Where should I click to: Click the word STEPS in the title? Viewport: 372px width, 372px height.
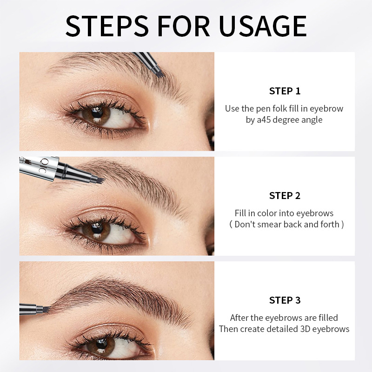coord(107,26)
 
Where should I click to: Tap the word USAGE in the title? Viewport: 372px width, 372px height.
coord(263,26)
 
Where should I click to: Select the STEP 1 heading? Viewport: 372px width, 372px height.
coord(285,91)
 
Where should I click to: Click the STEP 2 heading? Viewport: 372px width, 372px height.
coord(285,196)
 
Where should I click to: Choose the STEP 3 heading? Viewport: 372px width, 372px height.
coord(285,300)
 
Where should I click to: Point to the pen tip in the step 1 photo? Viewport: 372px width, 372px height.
coord(160,74)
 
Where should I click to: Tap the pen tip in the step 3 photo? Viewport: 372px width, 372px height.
coord(46,309)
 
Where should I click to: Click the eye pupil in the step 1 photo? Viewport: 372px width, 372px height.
coord(97,113)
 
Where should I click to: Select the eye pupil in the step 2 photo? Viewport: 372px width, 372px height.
coord(97,228)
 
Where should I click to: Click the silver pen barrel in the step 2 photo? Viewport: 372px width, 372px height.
coord(39,167)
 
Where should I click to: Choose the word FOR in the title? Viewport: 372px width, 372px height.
coord(184,26)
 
